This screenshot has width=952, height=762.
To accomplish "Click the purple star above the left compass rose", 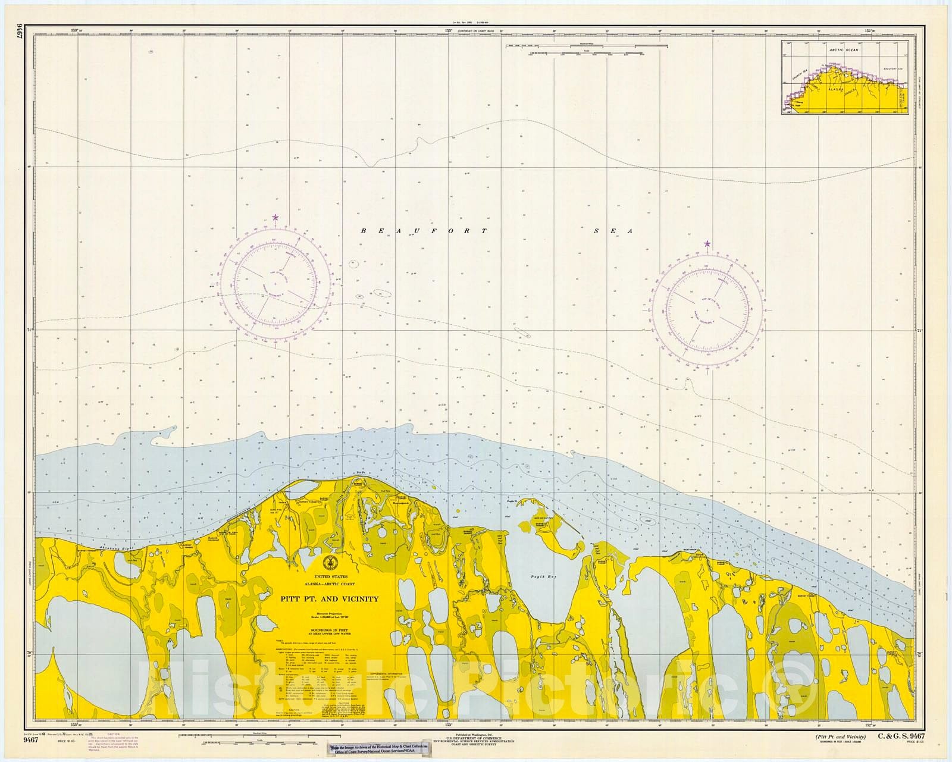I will [x=275, y=218].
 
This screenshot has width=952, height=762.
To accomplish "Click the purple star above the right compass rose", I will [x=707, y=244].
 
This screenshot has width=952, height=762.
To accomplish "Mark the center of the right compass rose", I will [x=707, y=311].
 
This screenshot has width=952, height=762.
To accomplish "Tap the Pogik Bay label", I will [x=538, y=576].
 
